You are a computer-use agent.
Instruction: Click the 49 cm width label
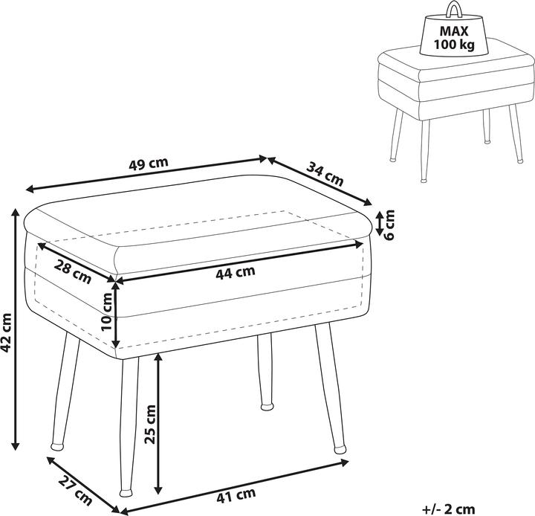coord(149,164)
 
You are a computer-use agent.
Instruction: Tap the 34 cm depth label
coord(325,174)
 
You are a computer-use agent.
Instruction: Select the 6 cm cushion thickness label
coord(389,225)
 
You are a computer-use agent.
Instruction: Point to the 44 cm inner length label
coord(236,272)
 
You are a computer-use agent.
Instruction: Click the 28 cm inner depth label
coord(73,271)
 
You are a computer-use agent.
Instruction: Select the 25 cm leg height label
coord(150,425)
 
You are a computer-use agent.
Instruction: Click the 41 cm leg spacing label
coord(236,495)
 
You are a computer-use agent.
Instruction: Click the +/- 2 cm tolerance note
coord(448,509)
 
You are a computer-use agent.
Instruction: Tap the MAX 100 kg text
coord(454,38)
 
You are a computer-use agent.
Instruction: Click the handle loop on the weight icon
coord(454,9)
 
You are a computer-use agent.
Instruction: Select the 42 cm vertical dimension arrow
coord(15,329)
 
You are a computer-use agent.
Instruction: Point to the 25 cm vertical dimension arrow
coord(158,424)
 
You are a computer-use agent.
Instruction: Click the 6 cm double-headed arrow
coord(380,223)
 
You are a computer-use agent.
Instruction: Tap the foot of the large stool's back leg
coord(267,407)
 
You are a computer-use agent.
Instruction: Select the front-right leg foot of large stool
coord(340,449)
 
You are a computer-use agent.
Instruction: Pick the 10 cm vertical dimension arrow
coord(117,315)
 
